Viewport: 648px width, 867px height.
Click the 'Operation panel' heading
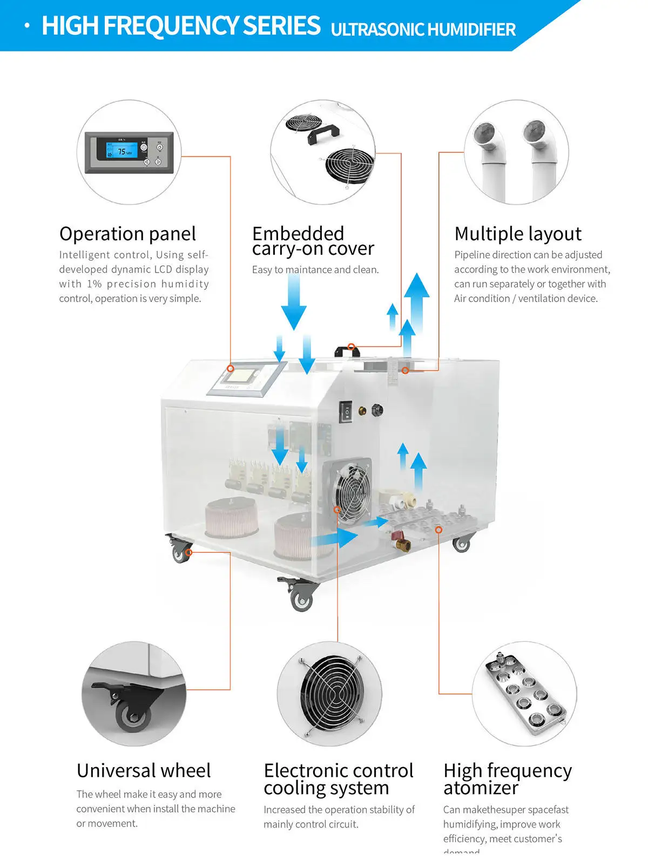[x=127, y=234]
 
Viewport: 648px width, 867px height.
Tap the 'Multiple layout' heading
[x=518, y=234]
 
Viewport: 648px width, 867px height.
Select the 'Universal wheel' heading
[x=144, y=770]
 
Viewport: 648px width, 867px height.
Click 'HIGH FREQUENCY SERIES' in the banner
[x=181, y=26]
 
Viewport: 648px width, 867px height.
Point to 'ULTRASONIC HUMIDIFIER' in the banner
[x=423, y=29]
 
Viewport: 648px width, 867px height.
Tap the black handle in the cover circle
[x=323, y=133]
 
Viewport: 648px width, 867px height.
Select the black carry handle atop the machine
[x=347, y=351]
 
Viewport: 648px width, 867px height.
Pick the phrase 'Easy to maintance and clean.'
[x=315, y=270]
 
